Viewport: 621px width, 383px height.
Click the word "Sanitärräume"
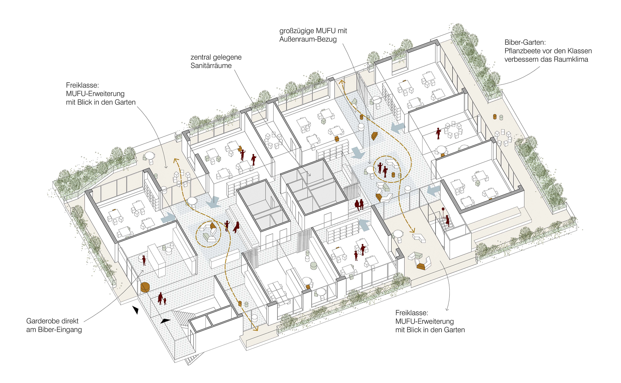pyautogui.click(x=211, y=66)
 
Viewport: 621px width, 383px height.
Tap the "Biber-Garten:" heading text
pyautogui.click(x=525, y=42)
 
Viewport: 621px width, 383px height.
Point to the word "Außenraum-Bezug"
pyautogui.click(x=308, y=39)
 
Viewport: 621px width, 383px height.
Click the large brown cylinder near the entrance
pyautogui.click(x=145, y=287)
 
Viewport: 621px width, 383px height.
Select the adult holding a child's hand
pyautogui.click(x=160, y=298)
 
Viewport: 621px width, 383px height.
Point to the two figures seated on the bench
pyautogui.click(x=359, y=205)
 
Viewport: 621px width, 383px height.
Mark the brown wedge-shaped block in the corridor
pyautogui.click(x=374, y=136)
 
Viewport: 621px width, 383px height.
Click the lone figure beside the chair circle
pyautogui.click(x=438, y=133)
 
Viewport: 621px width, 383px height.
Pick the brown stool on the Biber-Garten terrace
pyautogui.click(x=495, y=116)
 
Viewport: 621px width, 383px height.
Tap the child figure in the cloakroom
pyautogui.click(x=144, y=260)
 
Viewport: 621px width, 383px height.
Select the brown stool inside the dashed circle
pyautogui.click(x=393, y=175)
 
